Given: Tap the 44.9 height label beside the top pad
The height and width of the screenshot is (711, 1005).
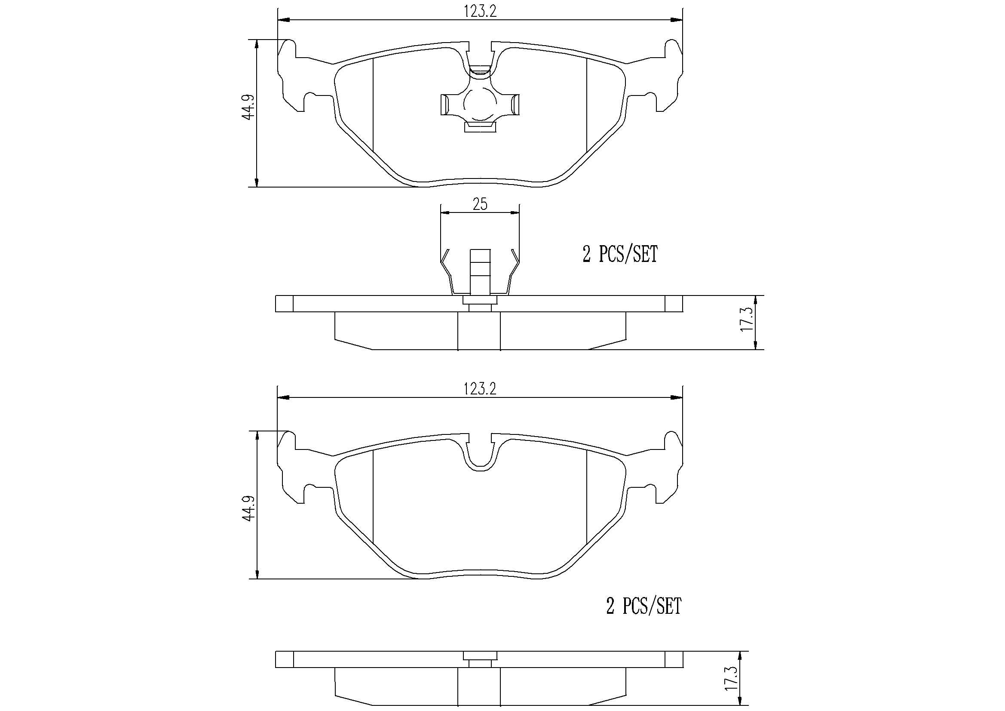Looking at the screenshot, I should pos(248,108).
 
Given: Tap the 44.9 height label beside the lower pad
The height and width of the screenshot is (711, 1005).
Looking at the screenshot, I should pos(248,508).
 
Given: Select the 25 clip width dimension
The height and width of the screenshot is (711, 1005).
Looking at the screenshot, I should pos(480,205).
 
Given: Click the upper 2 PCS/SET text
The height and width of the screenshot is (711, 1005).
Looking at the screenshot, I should pos(620,255).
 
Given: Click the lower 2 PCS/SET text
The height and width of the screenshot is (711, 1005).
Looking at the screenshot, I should pos(643,606).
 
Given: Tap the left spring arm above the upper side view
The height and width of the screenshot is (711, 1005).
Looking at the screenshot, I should pos(448,271).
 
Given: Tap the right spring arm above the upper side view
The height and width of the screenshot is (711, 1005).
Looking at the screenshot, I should pos(512,271).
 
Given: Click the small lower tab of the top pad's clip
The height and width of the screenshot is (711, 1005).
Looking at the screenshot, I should pos(480,127).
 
